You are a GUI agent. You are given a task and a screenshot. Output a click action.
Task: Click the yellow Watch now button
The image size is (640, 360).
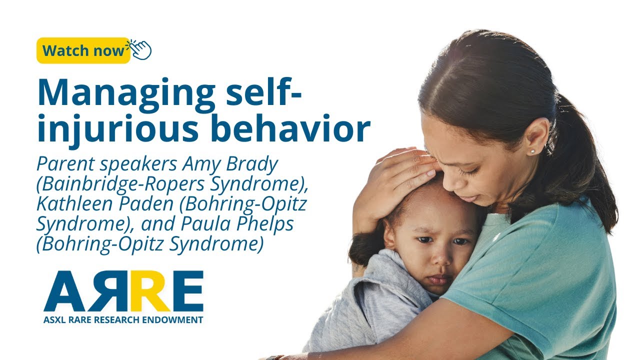[83, 50]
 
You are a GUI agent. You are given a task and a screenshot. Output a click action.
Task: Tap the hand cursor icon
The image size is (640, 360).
[140, 49]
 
